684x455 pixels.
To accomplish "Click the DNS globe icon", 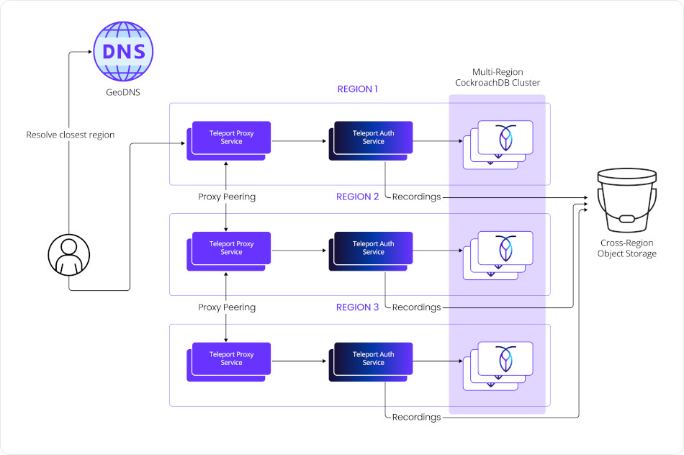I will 124,52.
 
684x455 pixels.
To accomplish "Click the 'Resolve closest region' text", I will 70,135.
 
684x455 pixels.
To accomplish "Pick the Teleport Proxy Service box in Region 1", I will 231,137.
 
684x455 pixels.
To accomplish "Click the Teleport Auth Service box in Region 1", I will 373,137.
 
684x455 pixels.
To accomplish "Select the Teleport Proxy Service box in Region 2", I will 231,248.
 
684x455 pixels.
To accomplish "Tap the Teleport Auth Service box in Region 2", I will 373,248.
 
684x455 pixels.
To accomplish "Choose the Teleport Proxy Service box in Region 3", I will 231,359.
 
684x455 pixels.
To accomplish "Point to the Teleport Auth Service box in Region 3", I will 373,359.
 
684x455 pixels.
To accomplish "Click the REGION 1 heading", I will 357,89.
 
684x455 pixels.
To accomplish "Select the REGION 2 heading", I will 357,197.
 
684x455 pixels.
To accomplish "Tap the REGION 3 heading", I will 357,307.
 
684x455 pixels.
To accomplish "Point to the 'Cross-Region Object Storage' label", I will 628,248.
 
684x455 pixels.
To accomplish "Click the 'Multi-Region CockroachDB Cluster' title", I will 497,77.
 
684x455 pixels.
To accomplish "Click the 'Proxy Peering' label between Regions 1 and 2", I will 227,197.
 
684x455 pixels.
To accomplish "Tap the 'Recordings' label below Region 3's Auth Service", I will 416,417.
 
